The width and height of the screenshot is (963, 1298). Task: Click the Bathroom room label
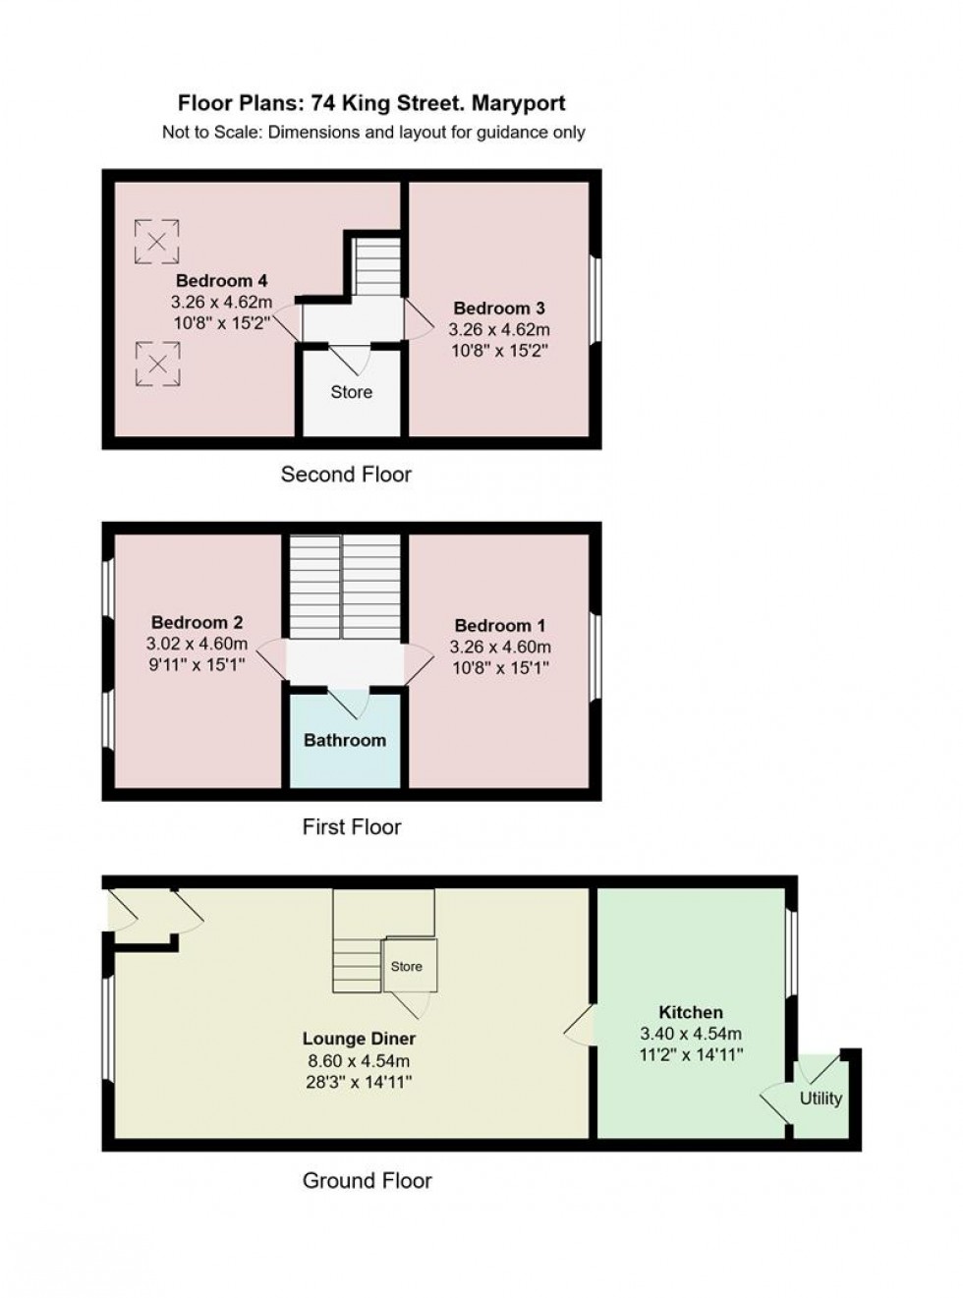pyautogui.click(x=344, y=740)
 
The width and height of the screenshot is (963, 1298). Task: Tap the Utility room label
pyautogui.click(x=821, y=1098)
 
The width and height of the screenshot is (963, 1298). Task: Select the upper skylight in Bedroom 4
pyautogui.click(x=156, y=242)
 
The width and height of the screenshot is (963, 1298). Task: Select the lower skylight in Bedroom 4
pyautogui.click(x=156, y=364)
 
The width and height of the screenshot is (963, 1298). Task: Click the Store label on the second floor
pyautogui.click(x=351, y=392)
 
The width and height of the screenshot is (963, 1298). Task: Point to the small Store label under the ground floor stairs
pyautogui.click(x=406, y=966)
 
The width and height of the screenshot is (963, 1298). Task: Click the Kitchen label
pyautogui.click(x=690, y=1012)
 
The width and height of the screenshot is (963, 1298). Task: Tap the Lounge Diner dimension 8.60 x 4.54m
pyautogui.click(x=359, y=1061)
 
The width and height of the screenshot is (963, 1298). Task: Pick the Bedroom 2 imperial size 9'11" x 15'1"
pyautogui.click(x=197, y=665)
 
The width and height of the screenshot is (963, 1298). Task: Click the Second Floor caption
pyautogui.click(x=346, y=475)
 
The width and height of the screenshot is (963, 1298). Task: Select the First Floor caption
pyautogui.click(x=351, y=827)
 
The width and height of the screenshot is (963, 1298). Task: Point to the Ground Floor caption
pyautogui.click(x=367, y=1180)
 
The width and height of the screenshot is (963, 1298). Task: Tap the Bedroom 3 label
pyautogui.click(x=498, y=309)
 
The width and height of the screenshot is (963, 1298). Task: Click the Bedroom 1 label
pyautogui.click(x=499, y=626)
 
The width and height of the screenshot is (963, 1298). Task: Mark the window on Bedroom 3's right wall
pyautogui.click(x=595, y=300)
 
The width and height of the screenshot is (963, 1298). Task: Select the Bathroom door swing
pyautogui.click(x=347, y=703)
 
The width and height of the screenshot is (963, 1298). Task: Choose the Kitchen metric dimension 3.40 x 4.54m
pyautogui.click(x=690, y=1034)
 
